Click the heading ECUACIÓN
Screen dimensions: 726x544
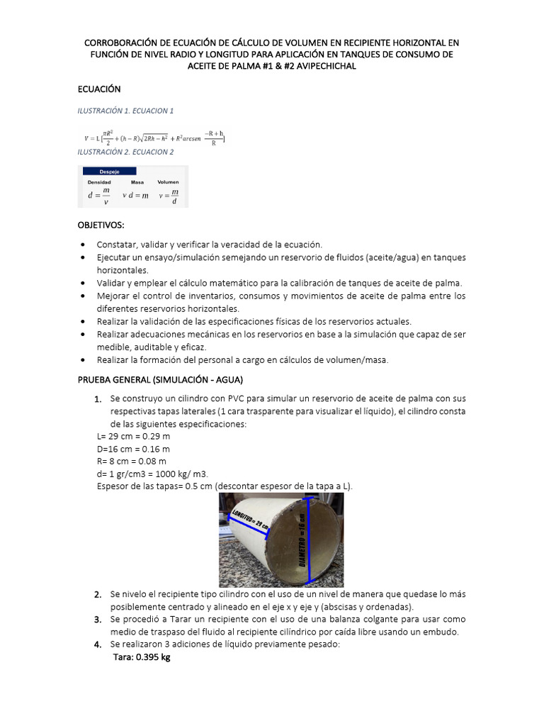[99, 89]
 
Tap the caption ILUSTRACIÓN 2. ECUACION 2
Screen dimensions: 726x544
[125, 152]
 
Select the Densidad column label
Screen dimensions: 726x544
[99, 182]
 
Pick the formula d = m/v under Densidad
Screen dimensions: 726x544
[98, 195]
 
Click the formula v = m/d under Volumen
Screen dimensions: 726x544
[168, 195]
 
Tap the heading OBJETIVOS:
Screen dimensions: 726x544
[101, 225]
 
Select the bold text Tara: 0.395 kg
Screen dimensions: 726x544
[142, 657]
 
